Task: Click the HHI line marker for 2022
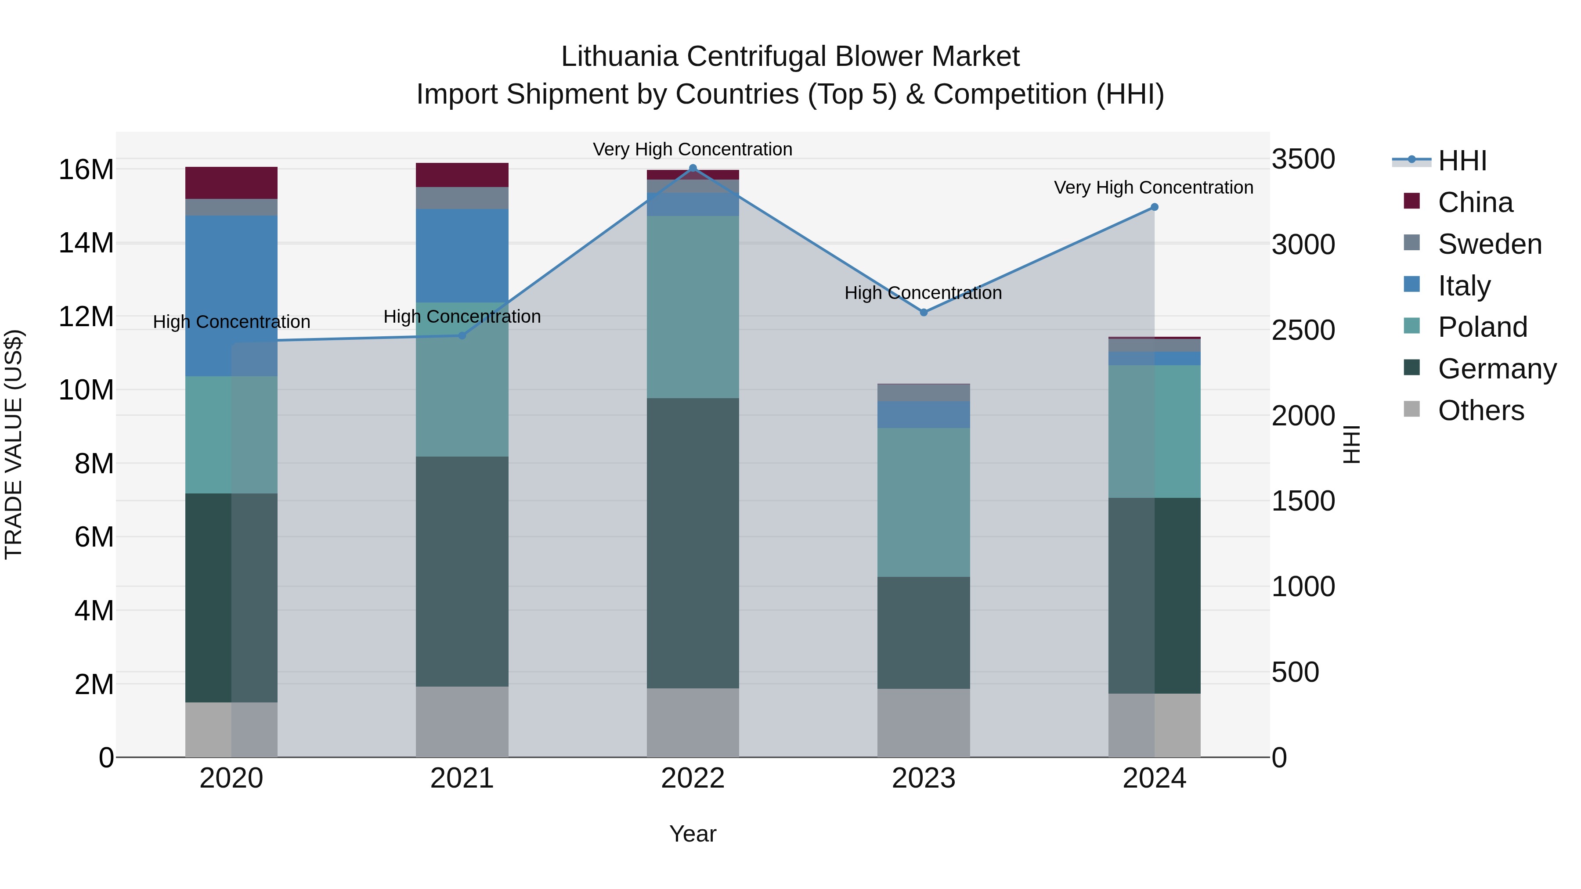[693, 168]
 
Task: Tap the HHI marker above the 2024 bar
[1154, 207]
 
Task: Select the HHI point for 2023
[924, 312]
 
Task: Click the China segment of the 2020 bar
[231, 183]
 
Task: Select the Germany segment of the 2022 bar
[693, 543]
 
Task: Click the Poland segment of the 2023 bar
[924, 502]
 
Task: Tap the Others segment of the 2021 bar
[462, 721]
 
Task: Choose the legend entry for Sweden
[1490, 244]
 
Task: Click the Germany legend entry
[1496, 369]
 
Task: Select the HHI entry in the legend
[1462, 161]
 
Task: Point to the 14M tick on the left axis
[86, 243]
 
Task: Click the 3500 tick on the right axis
[1303, 159]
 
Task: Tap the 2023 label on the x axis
[924, 778]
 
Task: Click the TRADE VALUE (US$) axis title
[14, 444]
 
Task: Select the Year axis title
[693, 834]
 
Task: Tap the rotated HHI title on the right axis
[1351, 444]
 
